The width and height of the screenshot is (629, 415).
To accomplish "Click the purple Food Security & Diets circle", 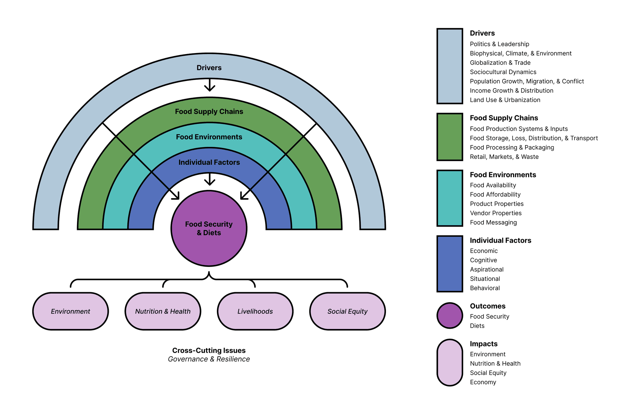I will (209, 228).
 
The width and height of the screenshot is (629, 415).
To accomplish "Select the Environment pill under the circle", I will (70, 311).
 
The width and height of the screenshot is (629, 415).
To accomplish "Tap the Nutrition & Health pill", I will (163, 311).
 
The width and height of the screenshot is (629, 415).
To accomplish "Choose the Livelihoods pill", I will (255, 311).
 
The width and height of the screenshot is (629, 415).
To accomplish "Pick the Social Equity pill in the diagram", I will (348, 311).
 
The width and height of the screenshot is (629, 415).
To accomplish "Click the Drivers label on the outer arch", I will (209, 68).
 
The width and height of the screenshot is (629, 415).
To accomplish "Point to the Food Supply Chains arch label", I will (209, 112).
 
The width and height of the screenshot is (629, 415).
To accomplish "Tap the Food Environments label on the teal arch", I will (209, 137).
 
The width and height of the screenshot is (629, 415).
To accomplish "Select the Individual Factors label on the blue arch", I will (209, 162).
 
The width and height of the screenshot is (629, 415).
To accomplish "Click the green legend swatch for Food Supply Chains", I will (449, 137).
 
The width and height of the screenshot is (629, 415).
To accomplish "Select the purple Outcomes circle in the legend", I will (449, 316).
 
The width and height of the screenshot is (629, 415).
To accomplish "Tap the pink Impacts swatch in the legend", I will (449, 363).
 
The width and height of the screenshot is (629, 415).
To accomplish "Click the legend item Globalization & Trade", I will (500, 63).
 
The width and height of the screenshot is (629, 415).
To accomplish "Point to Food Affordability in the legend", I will (495, 195).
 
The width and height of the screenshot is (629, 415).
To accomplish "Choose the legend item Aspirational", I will (486, 270).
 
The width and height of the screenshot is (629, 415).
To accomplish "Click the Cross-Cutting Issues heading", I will (209, 350).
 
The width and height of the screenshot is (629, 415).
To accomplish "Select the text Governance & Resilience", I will (209, 359).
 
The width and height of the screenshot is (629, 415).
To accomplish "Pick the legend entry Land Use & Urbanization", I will (505, 100).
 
